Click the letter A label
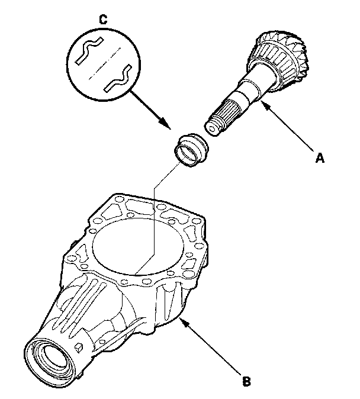(x=320, y=158)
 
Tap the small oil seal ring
(x=191, y=150)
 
